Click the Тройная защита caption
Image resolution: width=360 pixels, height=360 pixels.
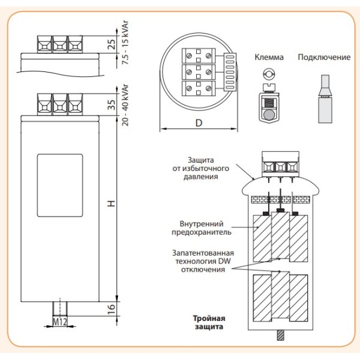[208, 323]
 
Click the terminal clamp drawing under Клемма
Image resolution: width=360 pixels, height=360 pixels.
[269, 101]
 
